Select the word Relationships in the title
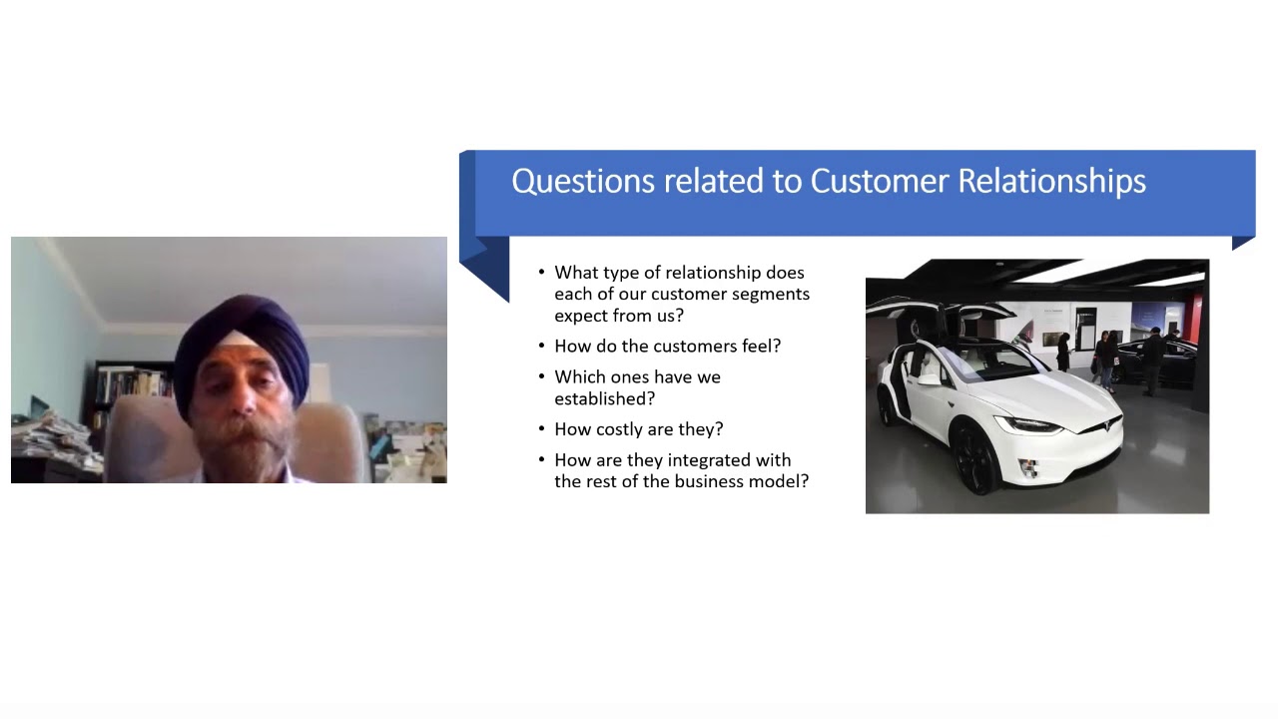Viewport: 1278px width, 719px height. pos(1051,182)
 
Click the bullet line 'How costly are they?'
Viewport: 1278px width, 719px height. pos(638,429)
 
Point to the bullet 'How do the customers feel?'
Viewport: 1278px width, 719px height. pos(667,347)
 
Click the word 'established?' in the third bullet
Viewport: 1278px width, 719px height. pos(604,398)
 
